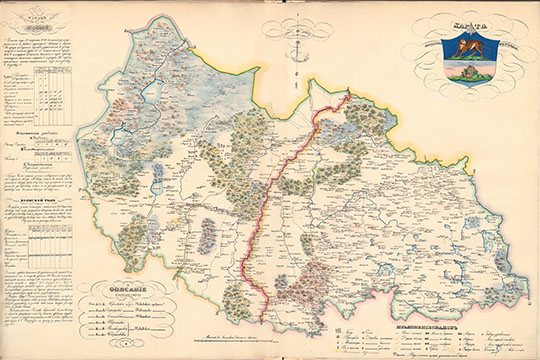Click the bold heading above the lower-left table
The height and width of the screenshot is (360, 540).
40,213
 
